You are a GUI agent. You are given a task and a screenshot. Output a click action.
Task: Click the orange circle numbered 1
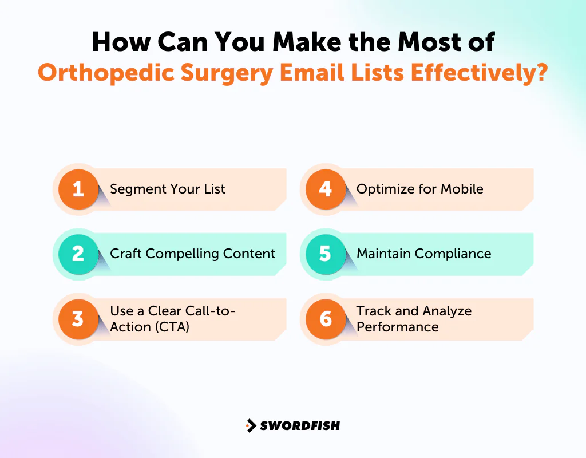[78, 189]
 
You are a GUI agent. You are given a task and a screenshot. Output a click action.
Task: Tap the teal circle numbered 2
[78, 254]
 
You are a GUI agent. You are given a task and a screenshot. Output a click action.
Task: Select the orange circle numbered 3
[78, 319]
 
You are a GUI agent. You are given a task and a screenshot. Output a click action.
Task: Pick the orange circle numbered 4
[325, 189]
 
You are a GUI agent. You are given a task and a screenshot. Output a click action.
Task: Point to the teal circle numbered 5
[325, 254]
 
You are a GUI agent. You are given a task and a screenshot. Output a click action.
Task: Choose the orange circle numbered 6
[325, 319]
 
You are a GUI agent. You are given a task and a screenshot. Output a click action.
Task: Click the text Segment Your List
[168, 189]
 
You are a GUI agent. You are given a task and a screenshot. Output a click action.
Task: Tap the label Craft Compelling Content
[192, 254]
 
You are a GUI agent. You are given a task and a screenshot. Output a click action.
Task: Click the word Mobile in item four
[461, 189]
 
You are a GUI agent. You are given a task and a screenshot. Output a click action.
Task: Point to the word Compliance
[458, 254]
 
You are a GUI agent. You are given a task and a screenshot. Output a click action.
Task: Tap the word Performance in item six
[397, 327]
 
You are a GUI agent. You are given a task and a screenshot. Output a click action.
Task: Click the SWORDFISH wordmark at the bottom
[300, 425]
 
